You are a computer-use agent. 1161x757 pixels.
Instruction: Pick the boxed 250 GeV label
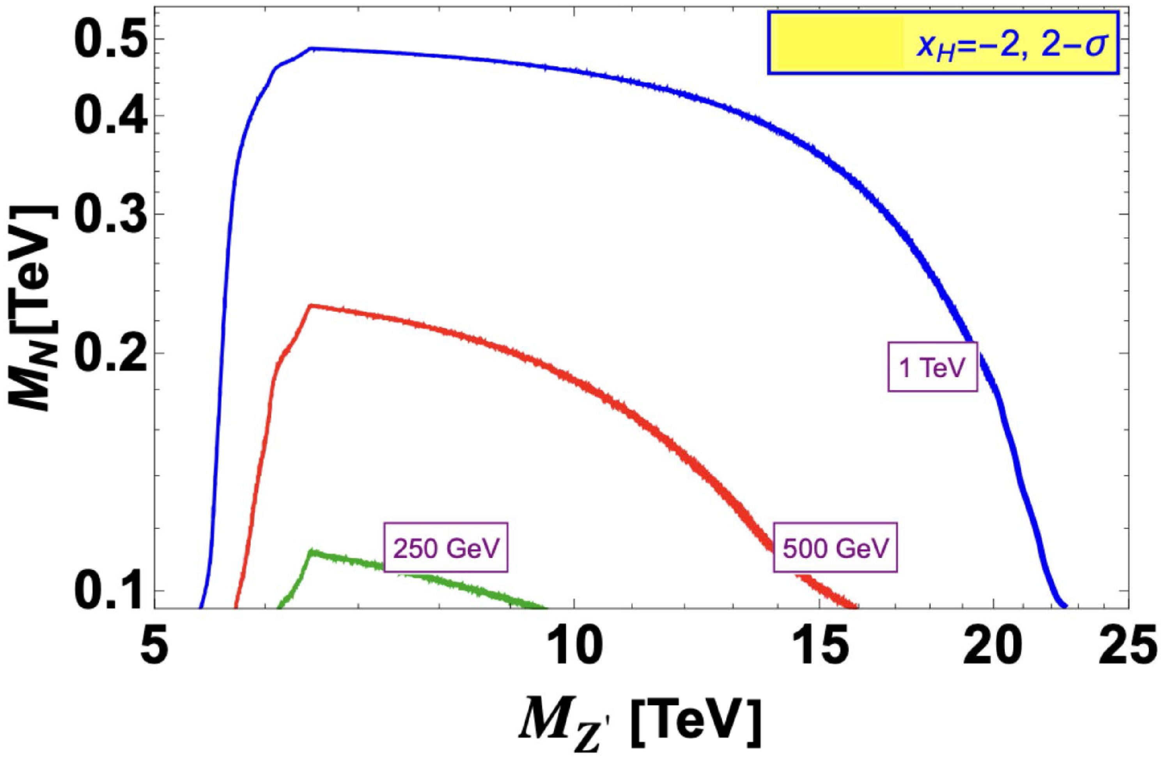446,552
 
